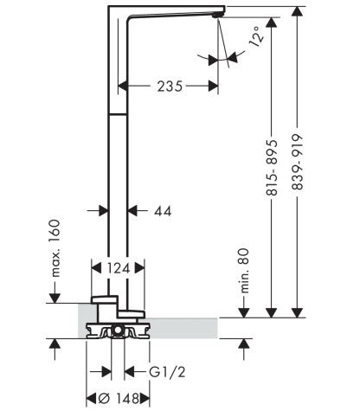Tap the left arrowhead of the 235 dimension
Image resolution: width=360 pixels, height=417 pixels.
coord(122,86)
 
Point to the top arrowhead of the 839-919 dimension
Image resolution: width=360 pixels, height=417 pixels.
coord(298,10)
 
